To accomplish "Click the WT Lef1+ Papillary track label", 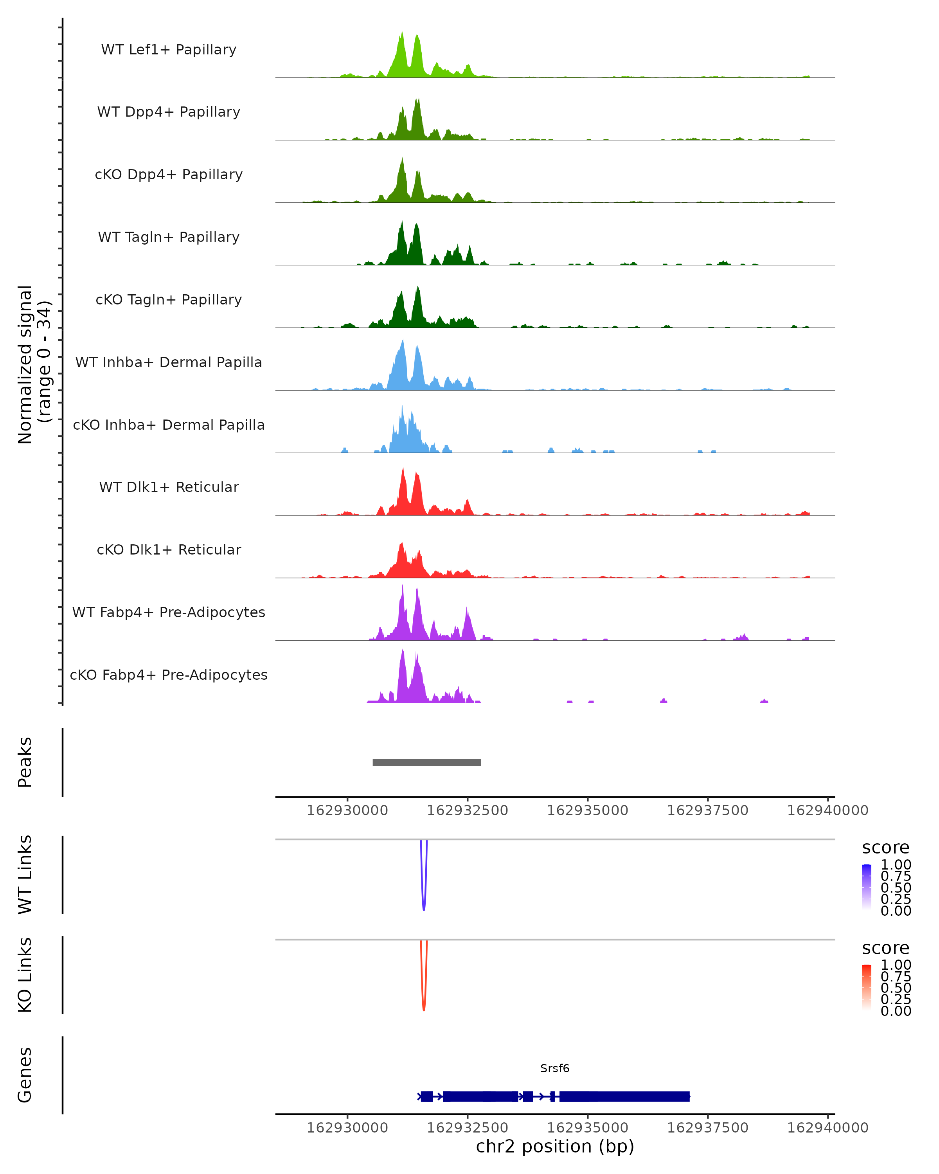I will tap(169, 50).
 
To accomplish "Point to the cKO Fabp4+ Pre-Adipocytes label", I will tap(169, 675).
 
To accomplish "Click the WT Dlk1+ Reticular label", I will tap(169, 487).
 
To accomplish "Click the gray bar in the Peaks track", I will tap(427, 762).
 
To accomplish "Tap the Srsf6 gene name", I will tap(555, 1068).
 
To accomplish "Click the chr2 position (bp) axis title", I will tap(555, 1146).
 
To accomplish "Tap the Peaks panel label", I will tap(25, 762).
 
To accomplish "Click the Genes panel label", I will tap(25, 1075).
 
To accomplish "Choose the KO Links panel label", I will tap(25, 975).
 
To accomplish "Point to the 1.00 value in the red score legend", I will tap(896, 965).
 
